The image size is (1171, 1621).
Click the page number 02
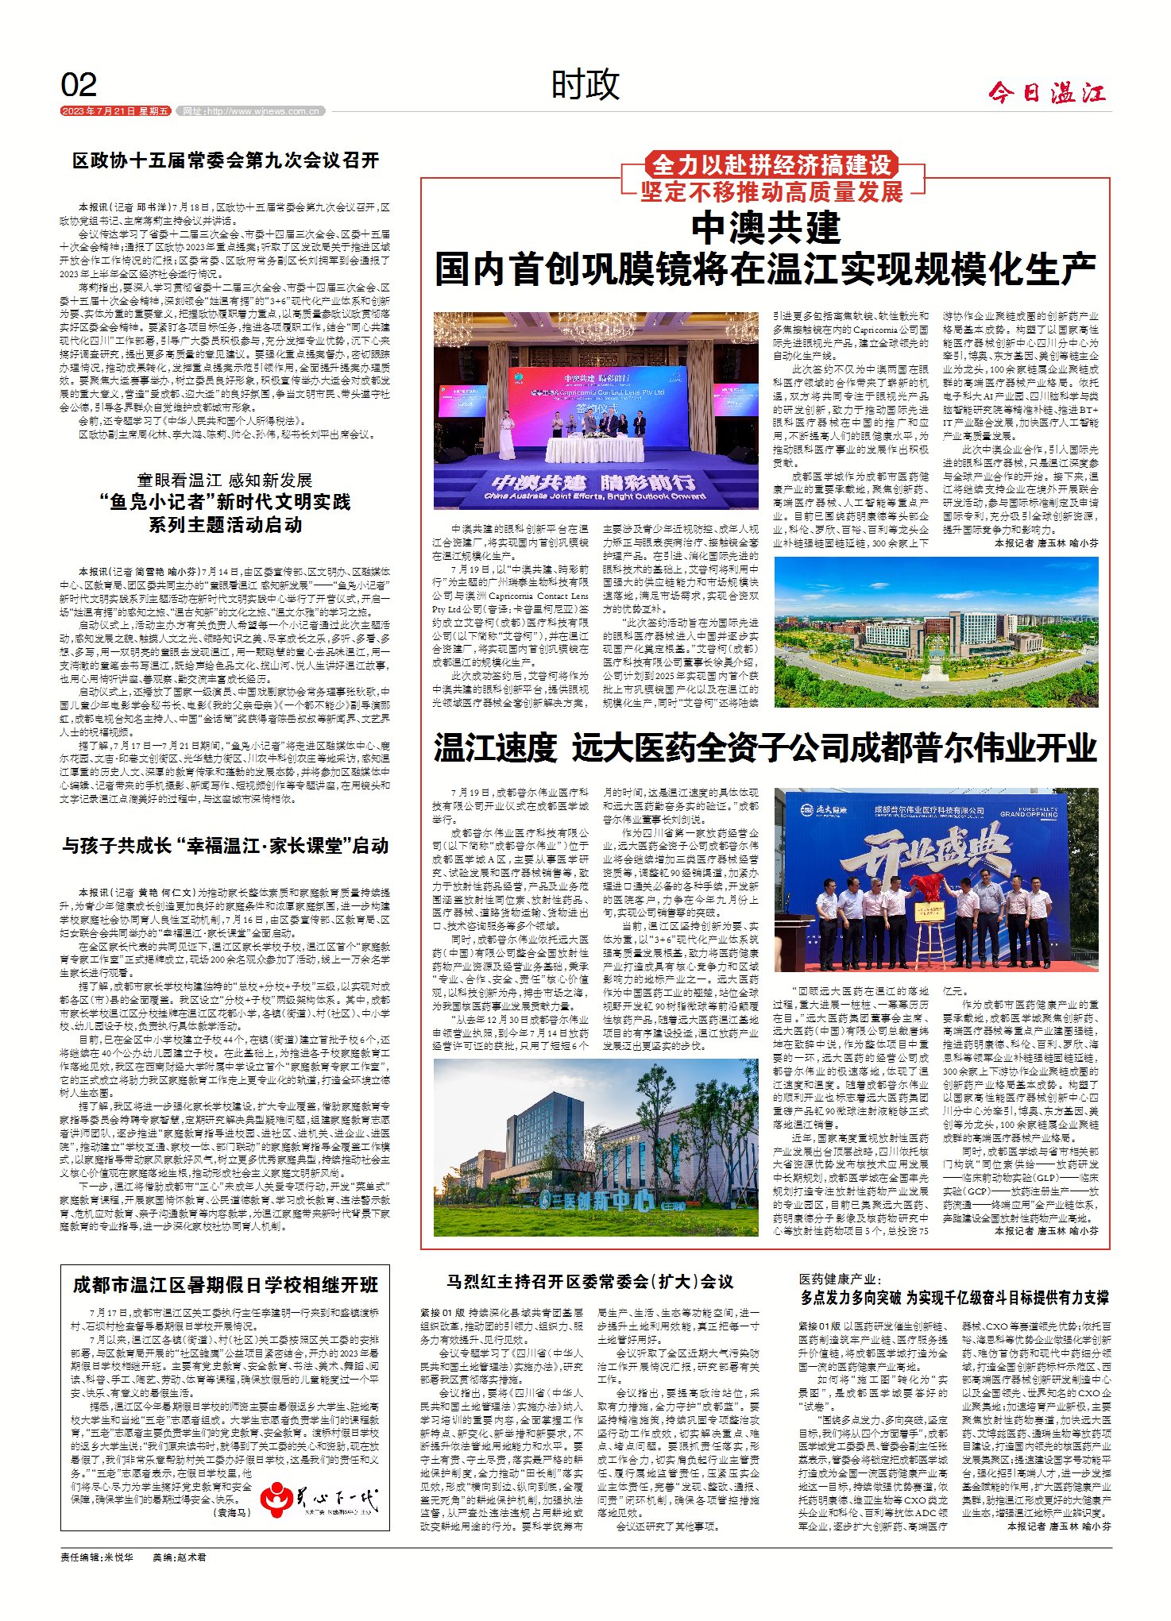79,85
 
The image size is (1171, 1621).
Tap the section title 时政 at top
585,85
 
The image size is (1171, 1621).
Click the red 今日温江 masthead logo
1046,94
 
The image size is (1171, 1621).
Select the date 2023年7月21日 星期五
116,111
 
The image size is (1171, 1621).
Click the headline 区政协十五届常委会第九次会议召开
226,161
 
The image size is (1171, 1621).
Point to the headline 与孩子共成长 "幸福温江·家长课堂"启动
226,846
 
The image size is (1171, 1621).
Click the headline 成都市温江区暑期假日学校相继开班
226,1284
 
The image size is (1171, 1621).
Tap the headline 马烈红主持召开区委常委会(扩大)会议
590,1281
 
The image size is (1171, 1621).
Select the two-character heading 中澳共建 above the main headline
765,229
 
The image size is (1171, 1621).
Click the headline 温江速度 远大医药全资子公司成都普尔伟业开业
765,748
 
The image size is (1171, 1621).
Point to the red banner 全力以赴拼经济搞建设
771,165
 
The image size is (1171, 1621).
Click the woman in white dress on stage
505,439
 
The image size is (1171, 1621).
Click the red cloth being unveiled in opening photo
926,886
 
